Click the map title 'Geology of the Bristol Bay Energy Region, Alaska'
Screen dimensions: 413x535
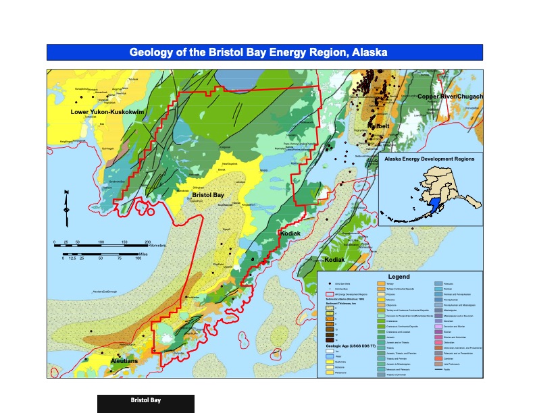(264, 53)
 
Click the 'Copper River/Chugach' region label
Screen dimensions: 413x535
(450, 97)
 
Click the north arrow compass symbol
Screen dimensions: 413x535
(66, 209)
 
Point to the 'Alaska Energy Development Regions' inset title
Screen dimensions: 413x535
(428, 159)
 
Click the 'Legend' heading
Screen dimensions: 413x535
(398, 277)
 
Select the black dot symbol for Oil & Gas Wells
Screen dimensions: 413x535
(330, 284)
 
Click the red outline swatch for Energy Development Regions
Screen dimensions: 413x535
(330, 295)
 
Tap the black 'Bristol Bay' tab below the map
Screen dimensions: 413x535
(146, 403)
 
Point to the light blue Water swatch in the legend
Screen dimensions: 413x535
(330, 357)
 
